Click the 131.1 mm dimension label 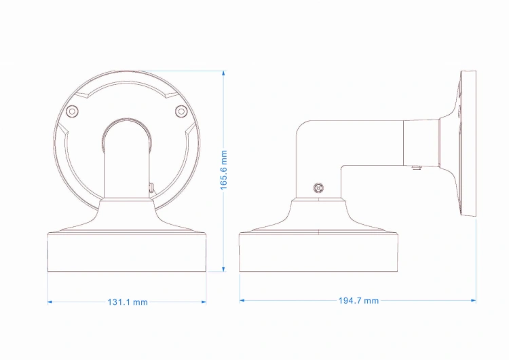pyautogui.click(x=128, y=302)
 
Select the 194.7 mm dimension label pyautogui.click(x=358, y=300)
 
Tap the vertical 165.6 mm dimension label pyautogui.click(x=224, y=170)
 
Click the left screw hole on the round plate pyautogui.click(x=72, y=111)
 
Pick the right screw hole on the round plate pyautogui.click(x=181, y=111)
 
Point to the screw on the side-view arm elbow pyautogui.click(x=319, y=187)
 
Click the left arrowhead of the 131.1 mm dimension pyautogui.click(x=50, y=302)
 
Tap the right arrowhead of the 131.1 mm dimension pyautogui.click(x=204, y=302)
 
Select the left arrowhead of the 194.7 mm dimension pyautogui.click(x=242, y=300)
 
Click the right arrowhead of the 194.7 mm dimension pyautogui.click(x=473, y=300)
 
